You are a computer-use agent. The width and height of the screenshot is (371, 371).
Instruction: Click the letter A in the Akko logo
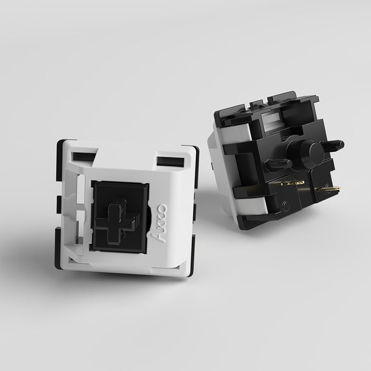(x=162, y=235)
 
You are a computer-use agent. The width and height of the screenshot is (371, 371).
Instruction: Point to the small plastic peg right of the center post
(x=334, y=144)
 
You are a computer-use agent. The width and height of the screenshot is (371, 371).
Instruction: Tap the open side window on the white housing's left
(x=72, y=213)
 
